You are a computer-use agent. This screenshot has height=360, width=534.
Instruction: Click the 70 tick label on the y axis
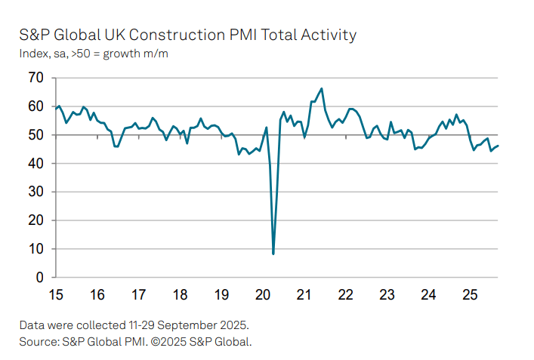(x=35, y=78)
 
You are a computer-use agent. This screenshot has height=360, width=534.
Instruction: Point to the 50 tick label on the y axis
(x=35, y=135)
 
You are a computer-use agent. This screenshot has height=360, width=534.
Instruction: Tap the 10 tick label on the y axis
(x=35, y=249)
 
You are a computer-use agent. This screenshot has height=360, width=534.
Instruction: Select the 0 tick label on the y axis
(x=39, y=278)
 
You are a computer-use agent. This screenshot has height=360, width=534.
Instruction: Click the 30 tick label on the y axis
(x=35, y=192)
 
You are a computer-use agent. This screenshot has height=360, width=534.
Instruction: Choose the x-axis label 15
(x=55, y=294)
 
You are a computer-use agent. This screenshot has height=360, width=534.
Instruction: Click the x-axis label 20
(x=263, y=294)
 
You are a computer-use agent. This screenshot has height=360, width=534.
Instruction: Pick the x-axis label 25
(x=470, y=294)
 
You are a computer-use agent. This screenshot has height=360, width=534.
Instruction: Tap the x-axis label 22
(x=346, y=294)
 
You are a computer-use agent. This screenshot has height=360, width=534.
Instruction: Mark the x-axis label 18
(x=180, y=294)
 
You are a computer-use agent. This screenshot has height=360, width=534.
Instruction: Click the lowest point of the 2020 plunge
(x=273, y=254)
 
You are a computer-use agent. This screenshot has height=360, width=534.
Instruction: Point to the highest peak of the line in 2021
(x=322, y=88)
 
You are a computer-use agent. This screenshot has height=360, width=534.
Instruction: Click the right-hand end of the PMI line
(x=498, y=146)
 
